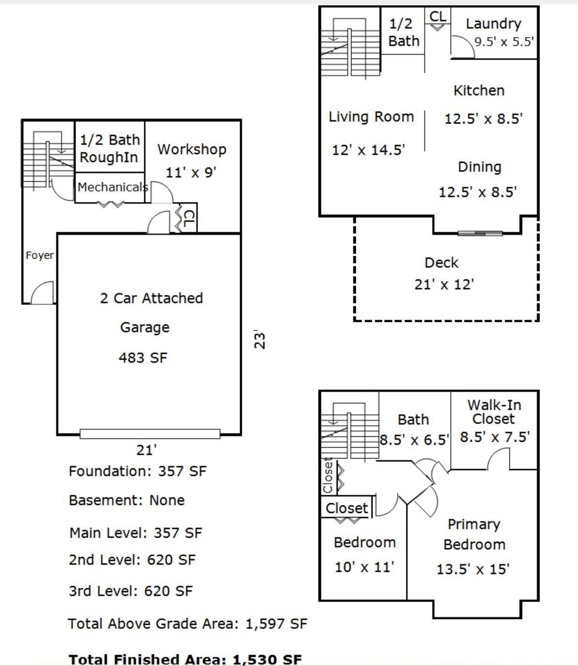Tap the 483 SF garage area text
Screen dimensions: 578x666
(143, 358)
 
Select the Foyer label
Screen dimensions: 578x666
(40, 256)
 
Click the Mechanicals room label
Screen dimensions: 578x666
(113, 187)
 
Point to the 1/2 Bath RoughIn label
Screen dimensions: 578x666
(110, 148)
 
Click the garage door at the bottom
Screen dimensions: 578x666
(150, 434)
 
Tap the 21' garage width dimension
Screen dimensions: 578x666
(146, 450)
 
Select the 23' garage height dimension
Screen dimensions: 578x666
(260, 340)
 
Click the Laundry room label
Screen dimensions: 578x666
(493, 24)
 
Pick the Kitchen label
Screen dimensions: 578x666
(479, 91)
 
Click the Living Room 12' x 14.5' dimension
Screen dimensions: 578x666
(368, 150)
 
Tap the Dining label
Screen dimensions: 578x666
(479, 167)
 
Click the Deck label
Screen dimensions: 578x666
(441, 263)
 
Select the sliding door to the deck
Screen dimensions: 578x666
(480, 233)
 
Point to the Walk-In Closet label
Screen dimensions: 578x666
(494, 412)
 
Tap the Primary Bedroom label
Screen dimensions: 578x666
(474, 534)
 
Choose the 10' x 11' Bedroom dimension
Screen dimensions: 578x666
(365, 567)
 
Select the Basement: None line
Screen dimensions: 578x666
(126, 500)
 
